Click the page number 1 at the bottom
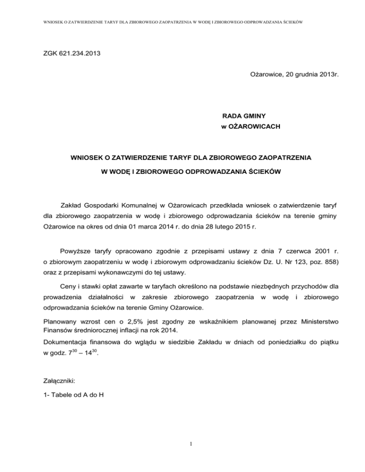(182, 445)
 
